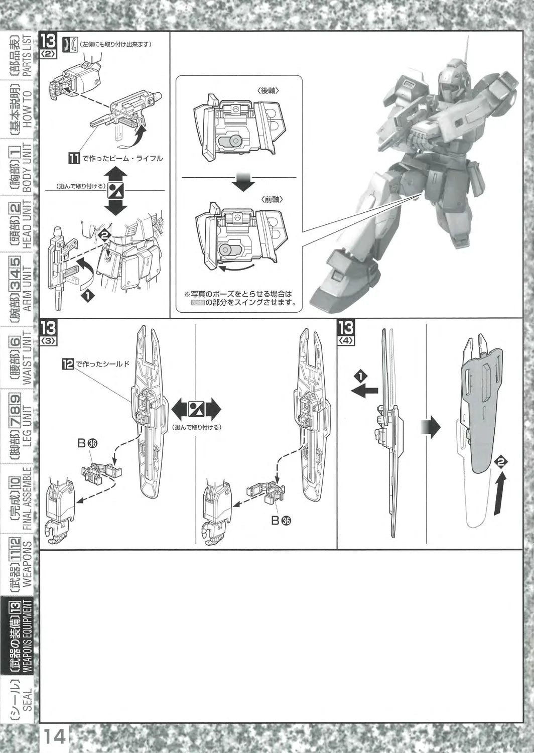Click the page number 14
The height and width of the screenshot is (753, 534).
tap(55, 737)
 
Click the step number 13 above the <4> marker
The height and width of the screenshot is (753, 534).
tap(346, 328)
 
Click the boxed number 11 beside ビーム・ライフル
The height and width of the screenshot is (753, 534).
tap(74, 159)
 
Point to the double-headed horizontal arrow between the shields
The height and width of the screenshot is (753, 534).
tap(197, 410)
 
